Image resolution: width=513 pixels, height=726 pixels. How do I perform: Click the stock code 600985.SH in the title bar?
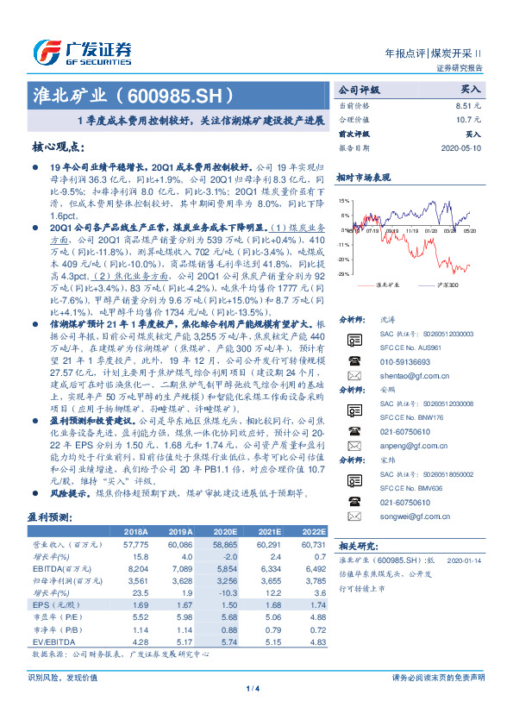[178, 93]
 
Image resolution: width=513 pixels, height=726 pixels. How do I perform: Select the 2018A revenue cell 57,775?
[138, 546]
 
